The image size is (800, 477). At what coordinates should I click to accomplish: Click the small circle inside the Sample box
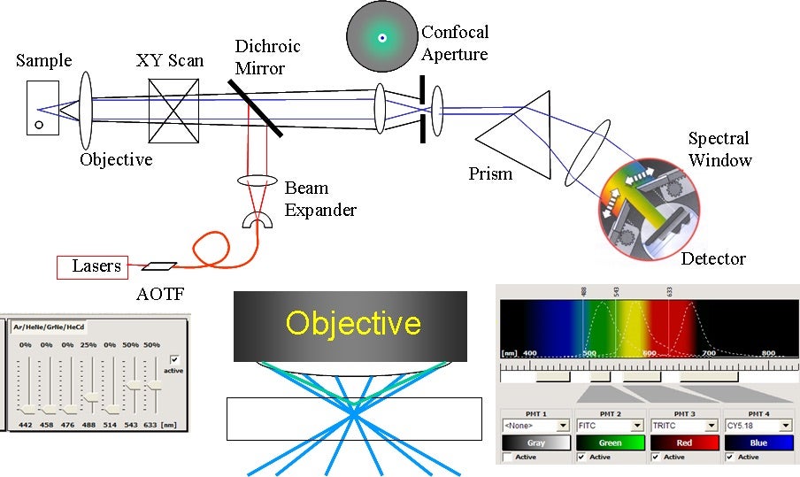pyautogui.click(x=39, y=125)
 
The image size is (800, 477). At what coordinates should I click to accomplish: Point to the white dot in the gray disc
pyautogui.click(x=381, y=38)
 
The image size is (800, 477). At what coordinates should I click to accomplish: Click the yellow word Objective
pyautogui.click(x=352, y=322)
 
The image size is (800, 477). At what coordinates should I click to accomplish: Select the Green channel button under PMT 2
pyautogui.click(x=610, y=442)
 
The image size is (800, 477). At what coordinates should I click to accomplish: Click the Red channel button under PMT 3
pyautogui.click(x=684, y=442)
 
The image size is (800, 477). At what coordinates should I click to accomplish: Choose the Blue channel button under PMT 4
pyautogui.click(x=758, y=442)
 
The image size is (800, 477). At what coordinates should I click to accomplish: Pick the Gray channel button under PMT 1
pyautogui.click(x=535, y=442)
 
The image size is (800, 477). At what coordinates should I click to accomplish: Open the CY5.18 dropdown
pyautogui.click(x=758, y=426)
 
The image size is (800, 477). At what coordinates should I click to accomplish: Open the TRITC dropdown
pyautogui.click(x=684, y=426)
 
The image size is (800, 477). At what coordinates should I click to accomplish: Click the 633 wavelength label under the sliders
pyautogui.click(x=152, y=425)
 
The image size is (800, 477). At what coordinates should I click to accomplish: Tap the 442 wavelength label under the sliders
pyautogui.click(x=25, y=425)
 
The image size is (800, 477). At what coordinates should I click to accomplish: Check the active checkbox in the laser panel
pyautogui.click(x=174, y=359)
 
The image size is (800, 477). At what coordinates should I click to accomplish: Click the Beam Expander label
pyautogui.click(x=319, y=198)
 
